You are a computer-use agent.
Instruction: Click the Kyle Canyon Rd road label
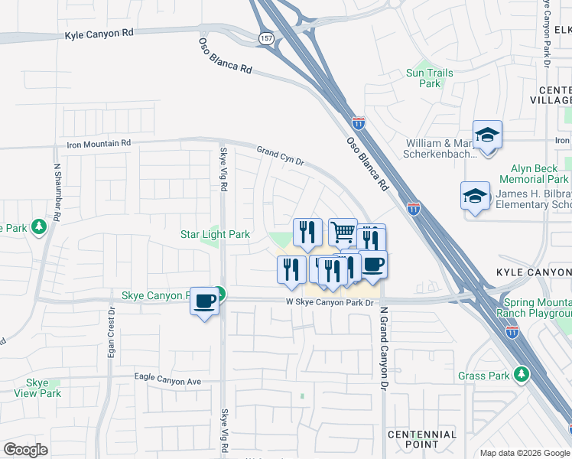click(x=100, y=35)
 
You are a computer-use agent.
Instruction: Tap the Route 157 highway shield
click(x=266, y=37)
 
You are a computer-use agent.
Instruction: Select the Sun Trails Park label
click(x=430, y=78)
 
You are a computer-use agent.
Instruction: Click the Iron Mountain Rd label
click(x=99, y=143)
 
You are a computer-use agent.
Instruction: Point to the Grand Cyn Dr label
click(x=281, y=156)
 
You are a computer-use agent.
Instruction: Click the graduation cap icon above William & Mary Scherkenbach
click(x=487, y=135)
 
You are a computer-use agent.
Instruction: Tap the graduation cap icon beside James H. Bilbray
click(x=475, y=195)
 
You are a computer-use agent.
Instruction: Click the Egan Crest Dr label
click(x=112, y=333)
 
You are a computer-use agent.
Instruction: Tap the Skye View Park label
click(x=37, y=388)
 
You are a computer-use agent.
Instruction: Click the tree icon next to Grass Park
click(x=522, y=374)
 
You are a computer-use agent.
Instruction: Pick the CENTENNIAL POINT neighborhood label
click(x=422, y=439)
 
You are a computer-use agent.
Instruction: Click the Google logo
click(x=25, y=449)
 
